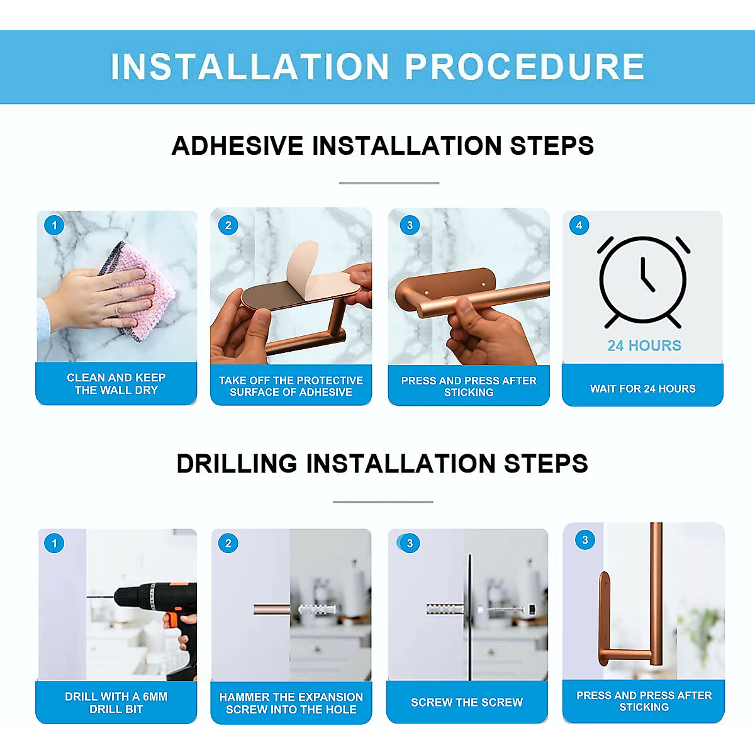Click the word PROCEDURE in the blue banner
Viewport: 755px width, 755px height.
tap(524, 67)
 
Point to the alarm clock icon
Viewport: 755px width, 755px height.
tap(643, 281)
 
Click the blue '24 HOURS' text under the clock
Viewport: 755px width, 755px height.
tap(644, 345)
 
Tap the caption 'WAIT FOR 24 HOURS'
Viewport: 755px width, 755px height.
tap(642, 389)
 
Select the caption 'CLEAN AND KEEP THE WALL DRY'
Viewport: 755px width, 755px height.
tap(116, 384)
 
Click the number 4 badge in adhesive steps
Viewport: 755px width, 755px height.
tap(579, 225)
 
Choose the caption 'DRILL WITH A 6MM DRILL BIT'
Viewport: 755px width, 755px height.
tap(116, 703)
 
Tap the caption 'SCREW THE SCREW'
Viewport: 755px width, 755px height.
tap(467, 702)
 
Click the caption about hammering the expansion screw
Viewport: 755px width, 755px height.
tap(291, 703)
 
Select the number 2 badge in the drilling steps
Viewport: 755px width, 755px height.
tap(228, 543)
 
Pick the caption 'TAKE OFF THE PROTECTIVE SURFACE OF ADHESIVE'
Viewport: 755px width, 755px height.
tap(291, 386)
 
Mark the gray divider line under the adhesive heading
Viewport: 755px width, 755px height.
tap(389, 183)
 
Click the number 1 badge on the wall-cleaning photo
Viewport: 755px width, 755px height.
tap(55, 225)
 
